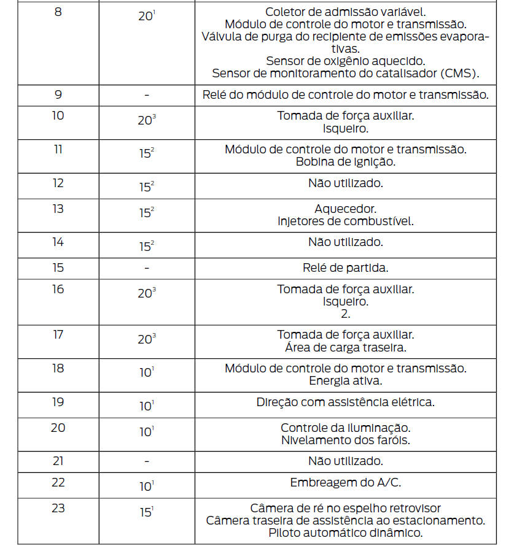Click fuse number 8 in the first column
pos(58,12)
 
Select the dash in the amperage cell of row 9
pos(147,96)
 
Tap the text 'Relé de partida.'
pos(345,267)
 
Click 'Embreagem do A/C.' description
pos(345,482)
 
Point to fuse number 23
pos(58,508)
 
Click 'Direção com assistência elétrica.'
pos(345,402)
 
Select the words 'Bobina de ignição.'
pos(345,162)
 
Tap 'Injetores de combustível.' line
pos(345,221)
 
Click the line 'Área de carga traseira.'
pos(345,347)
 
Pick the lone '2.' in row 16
pos(345,313)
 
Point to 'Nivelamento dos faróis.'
pos(345,440)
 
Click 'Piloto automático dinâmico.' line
pos(345,533)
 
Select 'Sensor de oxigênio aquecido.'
pos(345,61)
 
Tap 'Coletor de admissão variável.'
pos(345,12)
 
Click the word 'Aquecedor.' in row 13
pos(345,209)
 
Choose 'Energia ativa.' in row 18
pos(345,381)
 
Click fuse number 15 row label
pos(58,267)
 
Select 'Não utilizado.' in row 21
pos(345,461)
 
